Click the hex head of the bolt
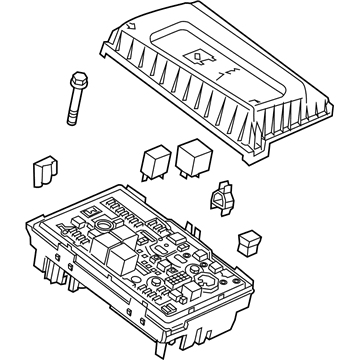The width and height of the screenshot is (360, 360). pyautogui.click(x=76, y=78)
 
